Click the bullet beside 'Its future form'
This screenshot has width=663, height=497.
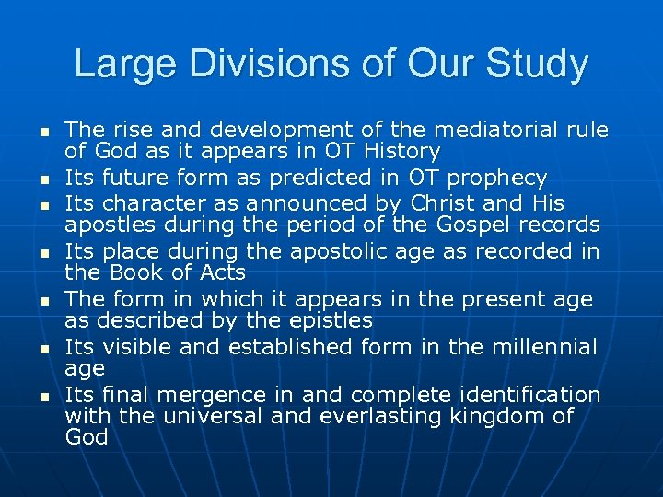tap(43, 179)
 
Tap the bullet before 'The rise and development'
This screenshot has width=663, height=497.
tap(43, 131)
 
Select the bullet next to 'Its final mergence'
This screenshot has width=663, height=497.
tap(43, 396)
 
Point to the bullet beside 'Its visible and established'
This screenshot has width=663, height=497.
tap(43, 348)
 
